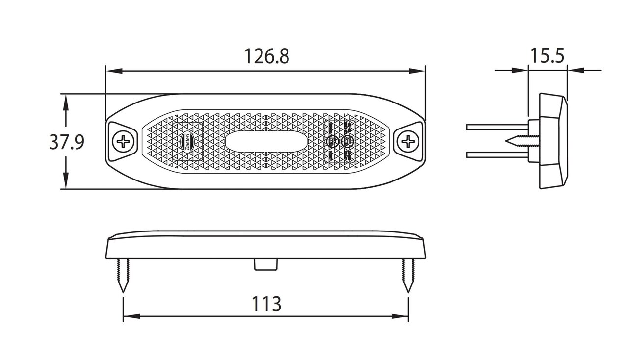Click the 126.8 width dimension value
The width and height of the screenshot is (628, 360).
point(267,57)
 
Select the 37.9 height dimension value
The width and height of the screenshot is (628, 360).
point(67,142)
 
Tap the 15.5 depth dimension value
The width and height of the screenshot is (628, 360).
point(547,56)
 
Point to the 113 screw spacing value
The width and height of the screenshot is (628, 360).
point(266,304)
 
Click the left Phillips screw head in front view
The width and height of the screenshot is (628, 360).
point(123,142)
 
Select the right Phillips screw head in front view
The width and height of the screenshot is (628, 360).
point(408,142)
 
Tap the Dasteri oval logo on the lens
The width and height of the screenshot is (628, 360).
point(189,141)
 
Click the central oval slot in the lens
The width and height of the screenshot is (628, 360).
point(266,142)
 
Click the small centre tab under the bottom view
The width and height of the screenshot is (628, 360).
point(265,264)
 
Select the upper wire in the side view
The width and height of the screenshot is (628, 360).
point(496,127)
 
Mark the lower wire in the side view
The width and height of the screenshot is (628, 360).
point(496,155)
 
